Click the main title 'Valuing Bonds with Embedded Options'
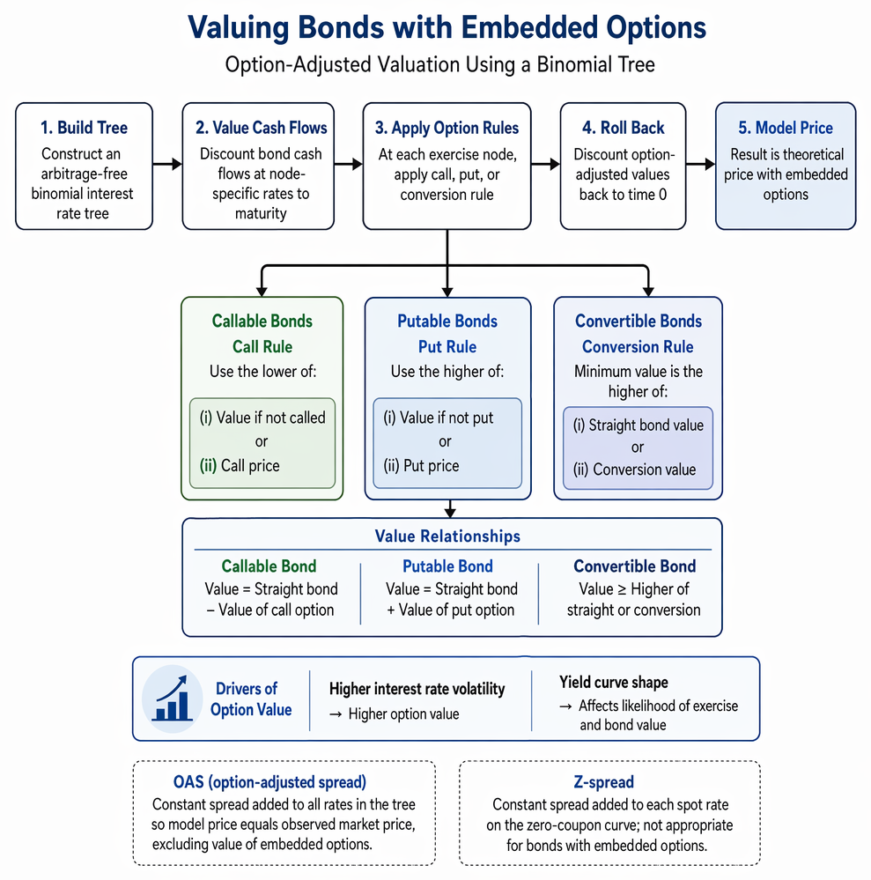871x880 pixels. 447,27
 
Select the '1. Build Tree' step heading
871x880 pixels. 85,128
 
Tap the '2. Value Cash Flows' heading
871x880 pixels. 261,128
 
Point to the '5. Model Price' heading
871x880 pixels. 786,128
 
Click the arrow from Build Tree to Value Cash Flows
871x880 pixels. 167,164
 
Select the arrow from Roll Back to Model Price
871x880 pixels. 700,164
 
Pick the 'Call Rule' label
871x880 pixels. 262,347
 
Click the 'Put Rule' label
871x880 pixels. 447,347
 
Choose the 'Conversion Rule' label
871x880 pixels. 638,347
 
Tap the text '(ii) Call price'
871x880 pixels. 240,466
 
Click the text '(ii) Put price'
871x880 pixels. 421,466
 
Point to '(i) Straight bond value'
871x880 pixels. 638,425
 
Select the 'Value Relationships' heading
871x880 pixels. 447,536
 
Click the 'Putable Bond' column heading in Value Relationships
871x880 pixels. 447,566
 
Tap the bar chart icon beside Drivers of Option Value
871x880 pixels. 173,699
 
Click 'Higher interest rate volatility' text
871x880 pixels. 417,689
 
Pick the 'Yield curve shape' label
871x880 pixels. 614,683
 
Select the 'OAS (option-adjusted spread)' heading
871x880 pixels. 269,782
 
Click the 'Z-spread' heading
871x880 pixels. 603,782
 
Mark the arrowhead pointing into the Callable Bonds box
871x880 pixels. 262,292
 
